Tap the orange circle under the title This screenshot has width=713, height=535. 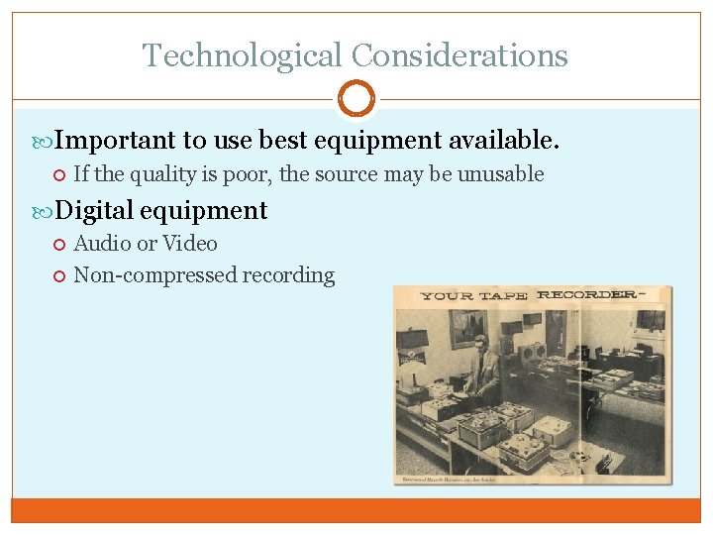click(356, 99)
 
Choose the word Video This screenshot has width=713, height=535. click(190, 244)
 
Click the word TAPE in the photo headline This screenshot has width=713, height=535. click(501, 295)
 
